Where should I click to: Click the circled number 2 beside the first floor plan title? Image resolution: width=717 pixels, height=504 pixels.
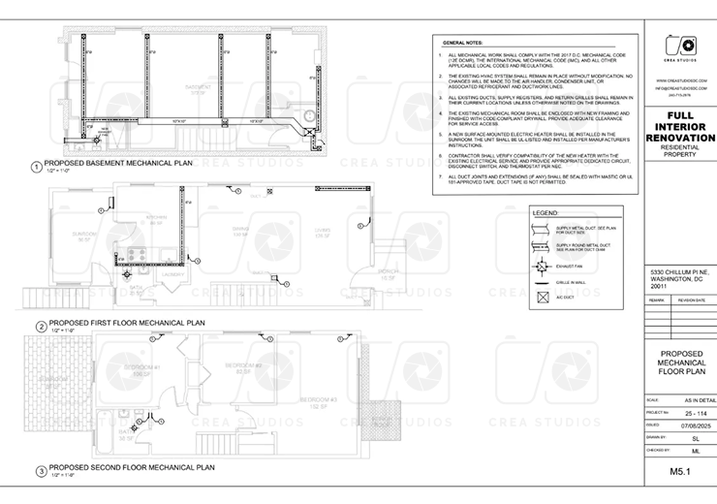pyautogui.click(x=40, y=326)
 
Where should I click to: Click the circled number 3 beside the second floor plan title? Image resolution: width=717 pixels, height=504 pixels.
pyautogui.click(x=40, y=472)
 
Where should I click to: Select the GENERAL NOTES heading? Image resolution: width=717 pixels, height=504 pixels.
pyautogui.click(x=462, y=44)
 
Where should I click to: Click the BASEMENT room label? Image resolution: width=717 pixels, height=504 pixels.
pyautogui.click(x=199, y=86)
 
